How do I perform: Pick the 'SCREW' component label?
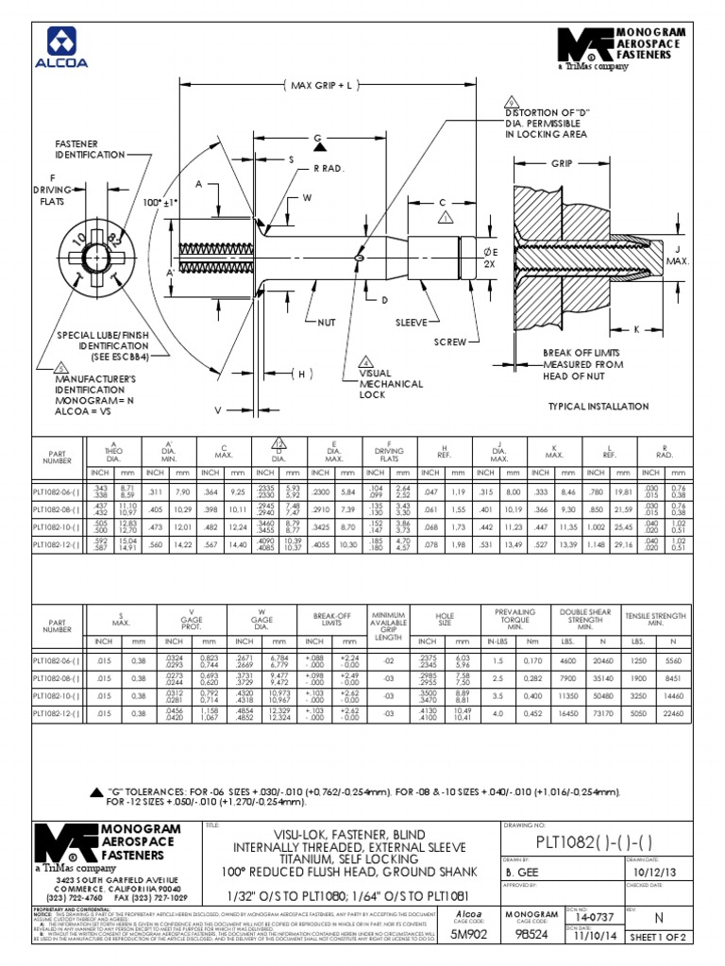point(450,341)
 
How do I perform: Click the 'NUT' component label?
point(327,322)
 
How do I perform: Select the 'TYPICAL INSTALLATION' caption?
point(599,407)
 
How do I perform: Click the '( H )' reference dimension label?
point(300,375)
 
